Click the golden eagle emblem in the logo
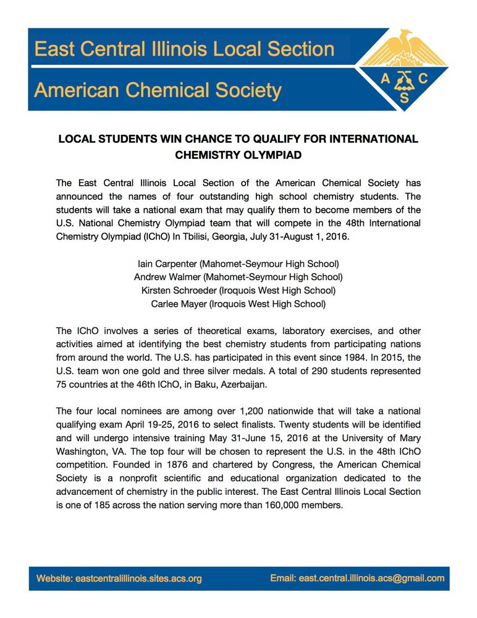tap(404, 48)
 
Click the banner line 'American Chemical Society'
tap(158, 90)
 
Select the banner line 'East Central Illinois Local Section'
tap(184, 49)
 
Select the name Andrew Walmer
tap(168, 277)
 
